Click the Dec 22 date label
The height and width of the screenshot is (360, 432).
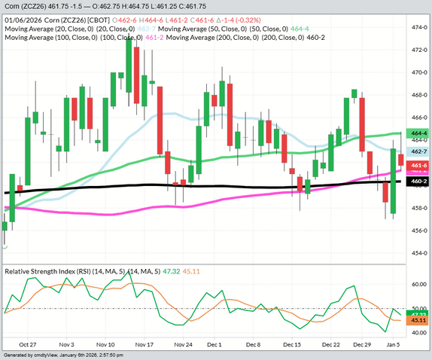click(x=333, y=343)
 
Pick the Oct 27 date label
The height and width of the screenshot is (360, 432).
click(x=28, y=343)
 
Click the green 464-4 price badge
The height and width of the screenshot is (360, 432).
click(x=419, y=133)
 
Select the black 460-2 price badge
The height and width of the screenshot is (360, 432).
click(x=419, y=182)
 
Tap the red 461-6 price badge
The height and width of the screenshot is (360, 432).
click(x=419, y=165)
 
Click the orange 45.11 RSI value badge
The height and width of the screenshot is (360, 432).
click(x=419, y=320)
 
